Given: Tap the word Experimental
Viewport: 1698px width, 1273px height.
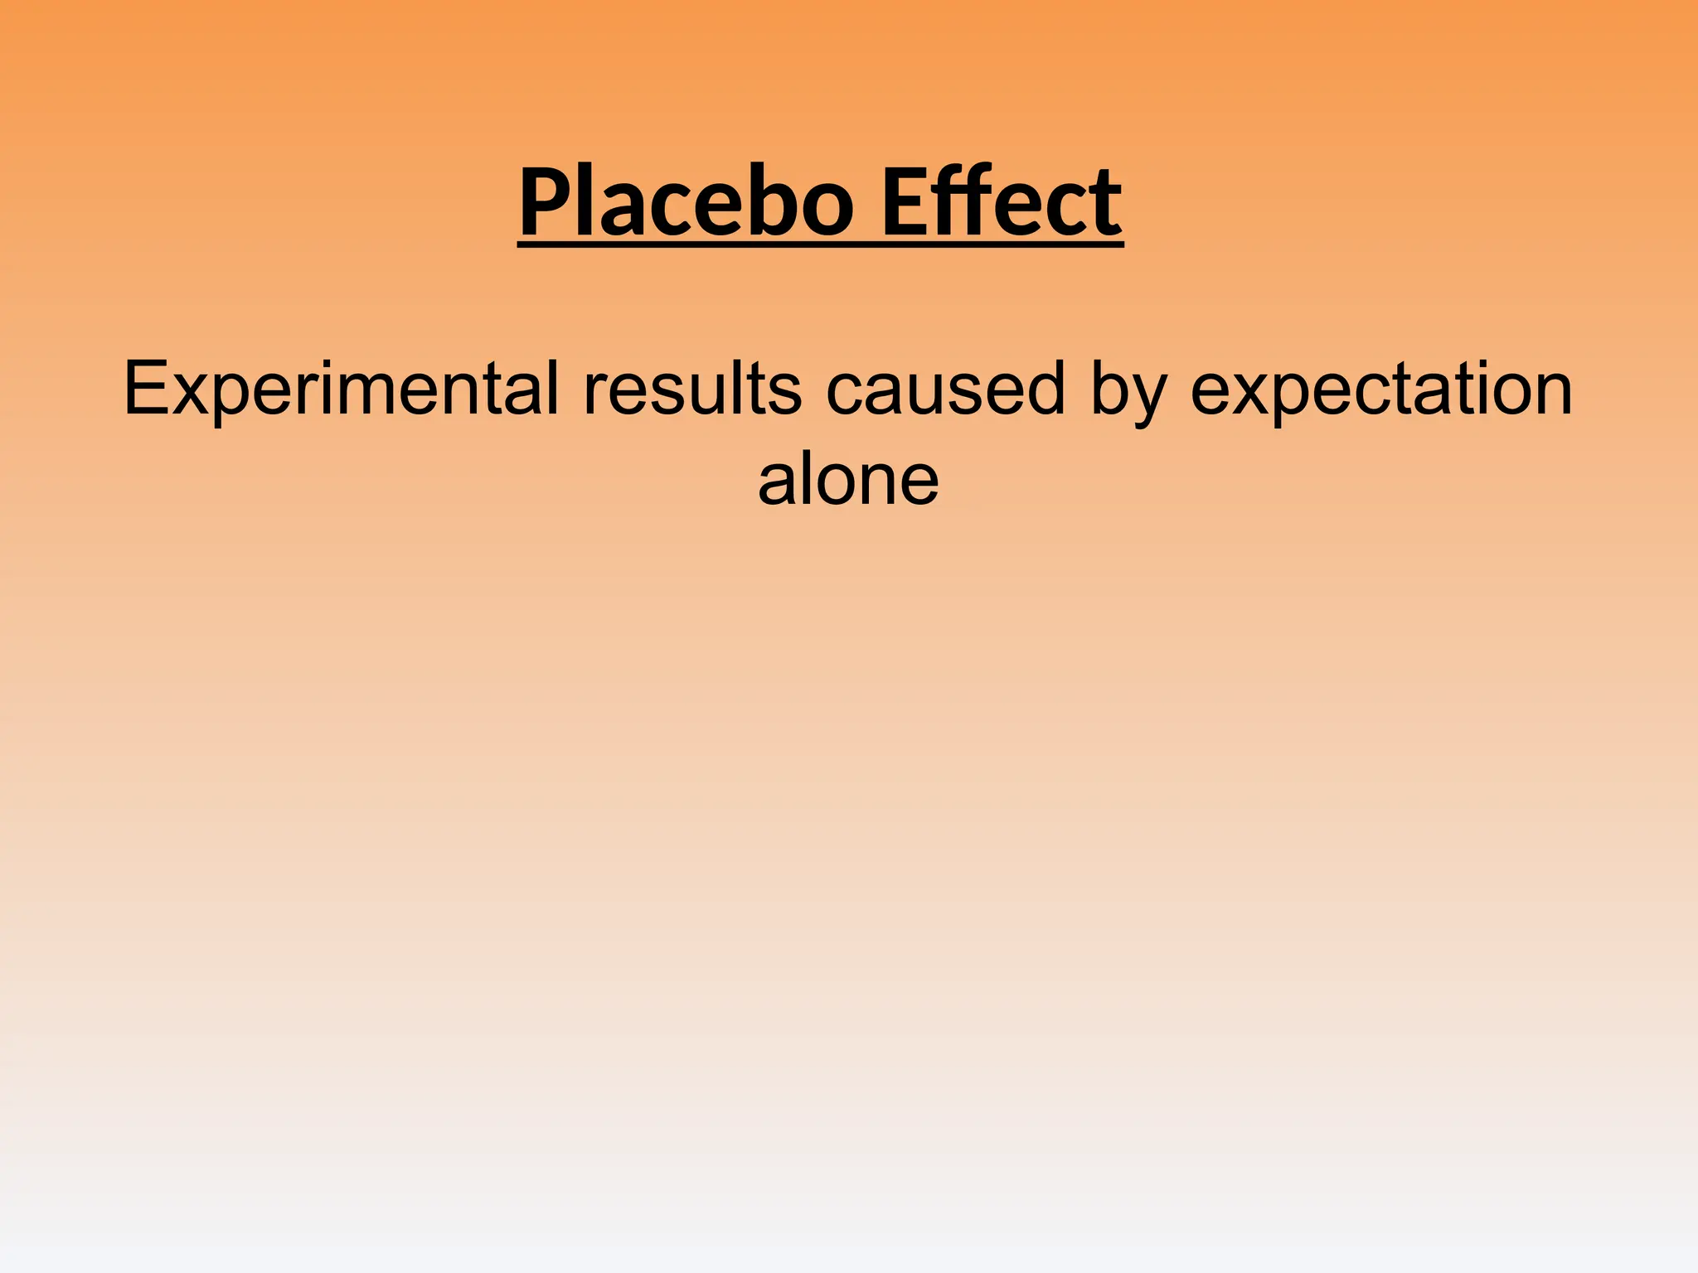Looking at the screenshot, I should pos(341,390).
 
